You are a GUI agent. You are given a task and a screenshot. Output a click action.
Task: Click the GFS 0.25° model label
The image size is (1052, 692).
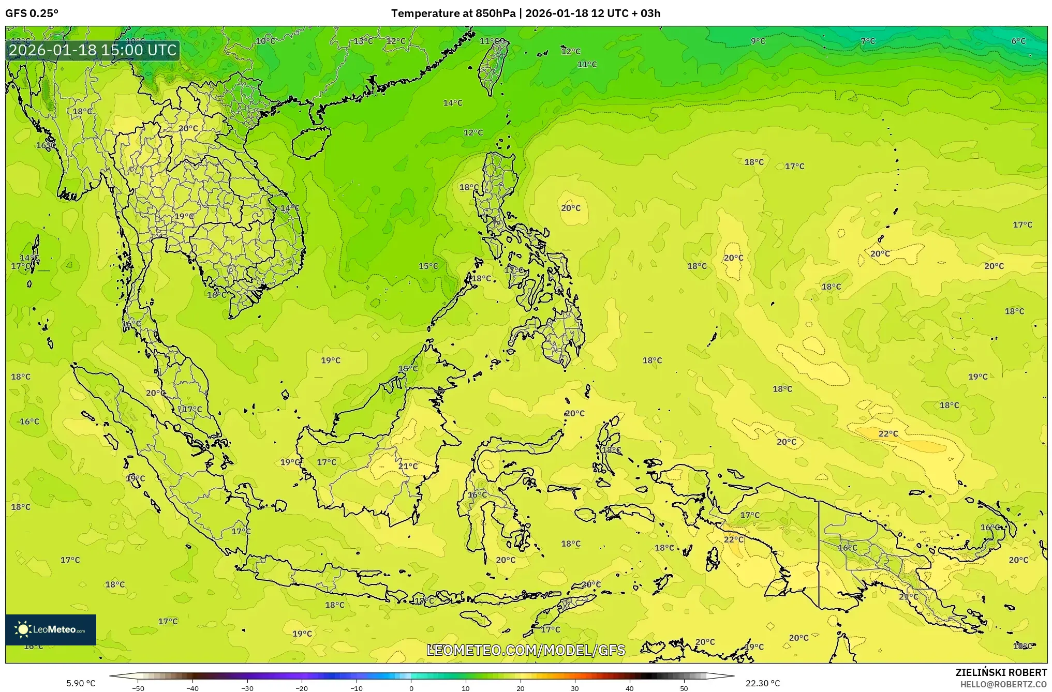pyautogui.click(x=32, y=13)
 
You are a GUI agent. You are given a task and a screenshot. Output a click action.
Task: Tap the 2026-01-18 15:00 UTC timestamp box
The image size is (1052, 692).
pyautogui.click(x=93, y=50)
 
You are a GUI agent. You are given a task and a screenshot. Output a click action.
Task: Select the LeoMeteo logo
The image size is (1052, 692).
pyautogui.click(x=51, y=629)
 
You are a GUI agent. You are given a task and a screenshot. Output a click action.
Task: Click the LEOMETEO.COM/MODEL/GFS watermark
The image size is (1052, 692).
pyautogui.click(x=526, y=650)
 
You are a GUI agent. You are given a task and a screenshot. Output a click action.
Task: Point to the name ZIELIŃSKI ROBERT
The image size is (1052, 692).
pyautogui.click(x=1001, y=672)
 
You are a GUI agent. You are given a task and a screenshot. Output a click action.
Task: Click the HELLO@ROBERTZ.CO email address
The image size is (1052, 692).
pyautogui.click(x=1003, y=684)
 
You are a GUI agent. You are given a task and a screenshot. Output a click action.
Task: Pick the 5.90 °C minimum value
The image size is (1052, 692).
pyautogui.click(x=81, y=683)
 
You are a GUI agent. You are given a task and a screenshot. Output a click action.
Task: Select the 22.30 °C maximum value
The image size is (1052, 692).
pyautogui.click(x=763, y=683)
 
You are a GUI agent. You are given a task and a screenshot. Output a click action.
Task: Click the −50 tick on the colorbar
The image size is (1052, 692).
pyautogui.click(x=138, y=688)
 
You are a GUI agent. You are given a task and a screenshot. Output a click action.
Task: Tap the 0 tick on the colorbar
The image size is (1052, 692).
pyautogui.click(x=411, y=688)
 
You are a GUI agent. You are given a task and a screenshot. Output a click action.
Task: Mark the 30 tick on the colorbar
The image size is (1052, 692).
pyautogui.click(x=575, y=688)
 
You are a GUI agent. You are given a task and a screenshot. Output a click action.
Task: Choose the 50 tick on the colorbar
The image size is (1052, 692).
pyautogui.click(x=684, y=688)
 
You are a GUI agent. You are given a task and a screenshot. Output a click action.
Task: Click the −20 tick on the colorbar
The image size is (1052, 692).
pyautogui.click(x=302, y=688)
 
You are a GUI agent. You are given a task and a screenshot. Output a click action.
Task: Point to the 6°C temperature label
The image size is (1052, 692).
pyautogui.click(x=1018, y=41)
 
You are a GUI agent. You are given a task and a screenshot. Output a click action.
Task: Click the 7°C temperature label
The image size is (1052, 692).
pyautogui.click(x=868, y=41)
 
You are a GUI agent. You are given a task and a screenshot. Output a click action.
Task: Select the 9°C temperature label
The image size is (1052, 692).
pyautogui.click(x=758, y=41)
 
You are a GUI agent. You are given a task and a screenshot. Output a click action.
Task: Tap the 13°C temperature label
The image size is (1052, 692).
pyautogui.click(x=363, y=41)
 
